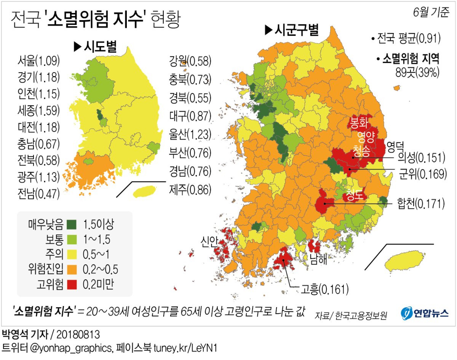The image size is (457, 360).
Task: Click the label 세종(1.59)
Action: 38,110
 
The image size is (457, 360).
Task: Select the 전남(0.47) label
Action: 38,194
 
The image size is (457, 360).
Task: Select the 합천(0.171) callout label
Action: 420,204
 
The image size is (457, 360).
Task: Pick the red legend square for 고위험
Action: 71,284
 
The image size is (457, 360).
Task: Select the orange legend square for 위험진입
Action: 71,269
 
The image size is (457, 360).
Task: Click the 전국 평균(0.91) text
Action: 406,38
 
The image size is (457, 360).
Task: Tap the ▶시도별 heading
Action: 94,47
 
